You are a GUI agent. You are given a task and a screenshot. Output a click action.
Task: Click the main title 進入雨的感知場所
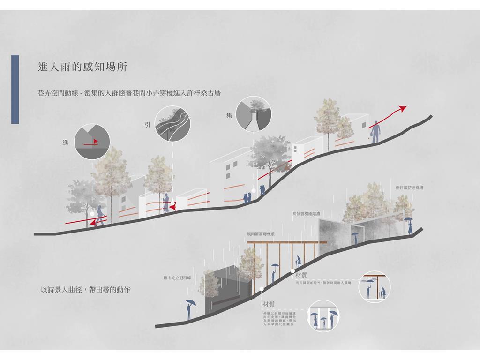tap(82, 67)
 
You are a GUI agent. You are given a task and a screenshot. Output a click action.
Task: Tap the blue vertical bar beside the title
tap(15, 89)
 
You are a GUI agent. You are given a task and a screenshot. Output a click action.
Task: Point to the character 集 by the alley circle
tap(229, 115)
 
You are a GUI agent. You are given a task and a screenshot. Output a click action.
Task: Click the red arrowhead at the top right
tap(401, 108)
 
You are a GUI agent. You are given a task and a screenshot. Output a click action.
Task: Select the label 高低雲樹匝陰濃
tap(306, 214)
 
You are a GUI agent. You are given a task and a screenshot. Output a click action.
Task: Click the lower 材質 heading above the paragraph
tap(269, 304)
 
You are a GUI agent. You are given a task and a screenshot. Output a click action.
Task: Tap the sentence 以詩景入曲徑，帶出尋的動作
tap(85, 290)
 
